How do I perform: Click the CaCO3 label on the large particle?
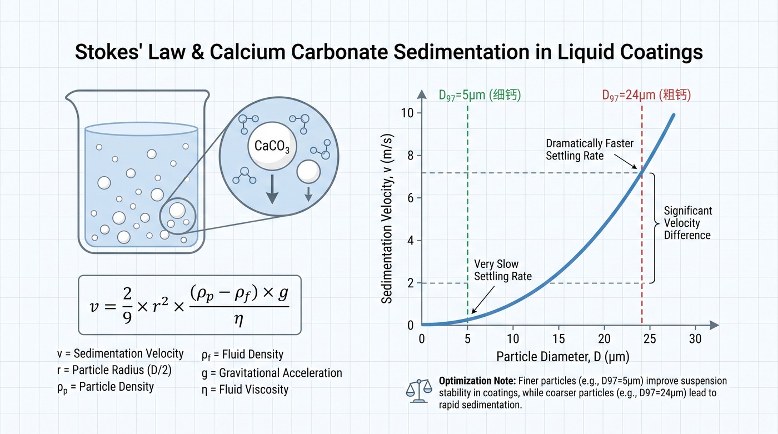pyautogui.click(x=272, y=146)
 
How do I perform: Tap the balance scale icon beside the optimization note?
pyautogui.click(x=419, y=391)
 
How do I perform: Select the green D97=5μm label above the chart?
pyautogui.click(x=480, y=95)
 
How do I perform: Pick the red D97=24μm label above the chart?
pyautogui.click(x=646, y=95)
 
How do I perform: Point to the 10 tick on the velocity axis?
pyautogui.click(x=407, y=113)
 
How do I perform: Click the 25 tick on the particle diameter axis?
pyautogui.click(x=650, y=338)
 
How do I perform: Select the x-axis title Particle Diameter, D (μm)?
pyautogui.click(x=562, y=357)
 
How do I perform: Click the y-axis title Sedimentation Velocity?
pyautogui.click(x=387, y=218)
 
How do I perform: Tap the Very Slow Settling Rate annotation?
pyautogui.click(x=502, y=270)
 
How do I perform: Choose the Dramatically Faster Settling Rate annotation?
pyautogui.click(x=590, y=149)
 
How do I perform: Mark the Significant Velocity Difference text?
pyautogui.click(x=688, y=223)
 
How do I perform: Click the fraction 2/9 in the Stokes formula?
pyautogui.click(x=127, y=306)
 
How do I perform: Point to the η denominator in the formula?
pyautogui.click(x=238, y=319)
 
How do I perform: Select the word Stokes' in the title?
pyautogui.click(x=107, y=52)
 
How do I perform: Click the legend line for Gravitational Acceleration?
pyautogui.click(x=272, y=373)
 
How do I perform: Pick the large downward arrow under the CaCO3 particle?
pyautogui.click(x=272, y=189)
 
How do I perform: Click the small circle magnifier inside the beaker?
pyautogui.click(x=177, y=216)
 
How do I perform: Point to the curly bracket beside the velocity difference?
pyautogui.click(x=655, y=228)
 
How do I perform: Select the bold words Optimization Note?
pyautogui.click(x=477, y=381)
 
